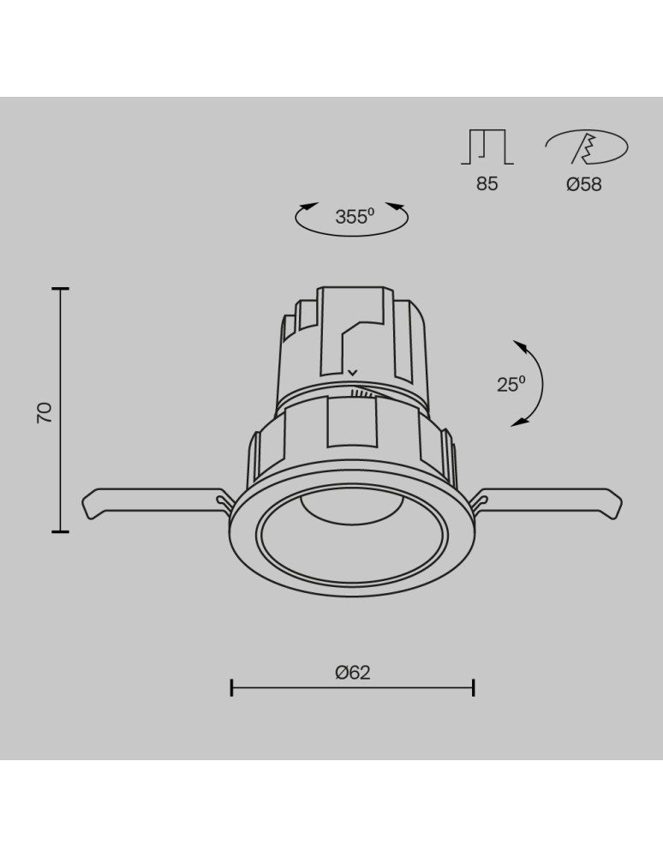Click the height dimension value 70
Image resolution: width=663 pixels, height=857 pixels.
pyautogui.click(x=45, y=412)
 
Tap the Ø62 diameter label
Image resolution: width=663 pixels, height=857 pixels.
pyautogui.click(x=353, y=672)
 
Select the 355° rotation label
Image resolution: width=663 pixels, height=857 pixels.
pyautogui.click(x=355, y=217)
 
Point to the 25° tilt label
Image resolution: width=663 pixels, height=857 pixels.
pyautogui.click(x=511, y=384)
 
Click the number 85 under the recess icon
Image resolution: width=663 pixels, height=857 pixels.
pyautogui.click(x=487, y=183)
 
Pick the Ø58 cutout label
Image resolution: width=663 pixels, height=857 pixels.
pyautogui.click(x=584, y=183)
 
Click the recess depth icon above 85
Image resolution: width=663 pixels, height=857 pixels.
pyautogui.click(x=487, y=147)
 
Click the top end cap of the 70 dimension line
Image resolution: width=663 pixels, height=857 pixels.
pyautogui.click(x=60, y=290)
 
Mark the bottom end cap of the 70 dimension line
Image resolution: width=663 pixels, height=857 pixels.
pyautogui.click(x=60, y=531)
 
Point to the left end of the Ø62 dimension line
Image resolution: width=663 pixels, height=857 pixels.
pyautogui.click(x=232, y=686)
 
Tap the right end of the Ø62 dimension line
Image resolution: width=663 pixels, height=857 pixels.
pyautogui.click(x=474, y=686)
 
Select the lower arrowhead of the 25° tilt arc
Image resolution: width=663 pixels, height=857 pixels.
pyautogui.click(x=519, y=422)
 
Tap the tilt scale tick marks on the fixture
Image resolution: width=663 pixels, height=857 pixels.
pyautogui.click(x=363, y=394)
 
